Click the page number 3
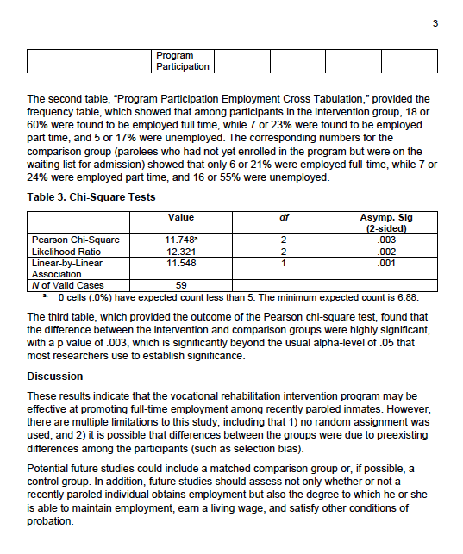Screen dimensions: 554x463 pos(435,23)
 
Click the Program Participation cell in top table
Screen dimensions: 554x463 pos(182,61)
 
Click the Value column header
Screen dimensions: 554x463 pos(182,218)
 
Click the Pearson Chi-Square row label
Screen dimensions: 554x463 pos(75,240)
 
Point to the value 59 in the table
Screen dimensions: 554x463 pos(182,284)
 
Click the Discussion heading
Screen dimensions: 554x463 pos(55,376)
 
